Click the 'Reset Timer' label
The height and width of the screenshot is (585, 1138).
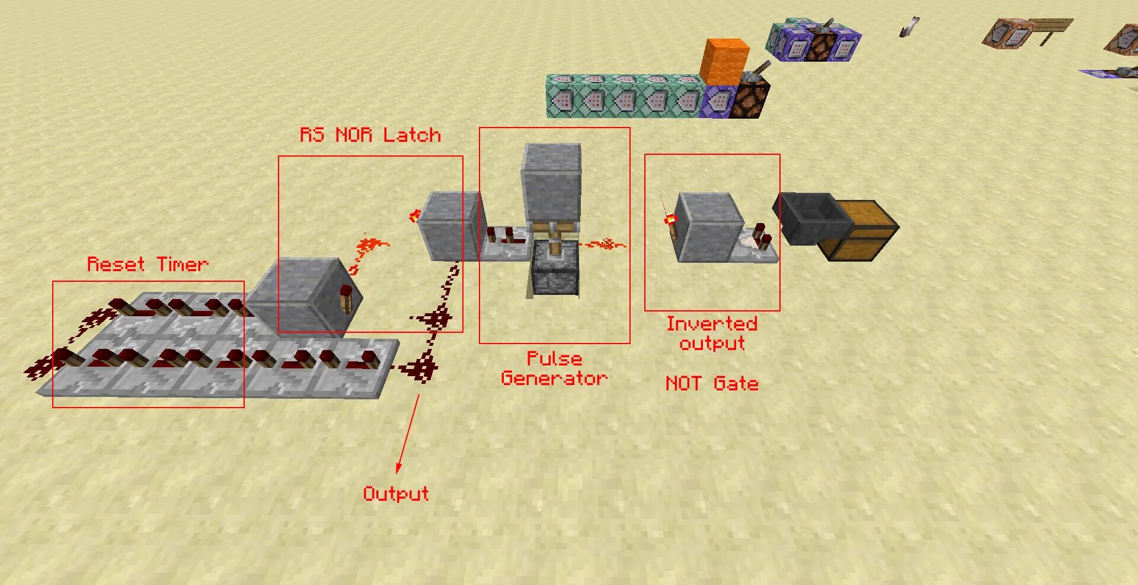tap(148, 264)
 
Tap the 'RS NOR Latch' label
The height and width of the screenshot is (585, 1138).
tap(370, 135)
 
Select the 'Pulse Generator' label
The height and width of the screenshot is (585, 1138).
tap(554, 368)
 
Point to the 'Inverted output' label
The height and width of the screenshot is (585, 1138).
tap(712, 333)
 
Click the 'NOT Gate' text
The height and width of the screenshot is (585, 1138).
tap(712, 383)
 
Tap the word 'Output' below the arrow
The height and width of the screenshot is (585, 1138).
tap(395, 494)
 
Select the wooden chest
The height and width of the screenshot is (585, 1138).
tap(860, 230)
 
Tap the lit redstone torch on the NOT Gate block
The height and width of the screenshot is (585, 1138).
tap(670, 220)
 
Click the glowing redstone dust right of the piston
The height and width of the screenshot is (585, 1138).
tap(605, 244)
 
